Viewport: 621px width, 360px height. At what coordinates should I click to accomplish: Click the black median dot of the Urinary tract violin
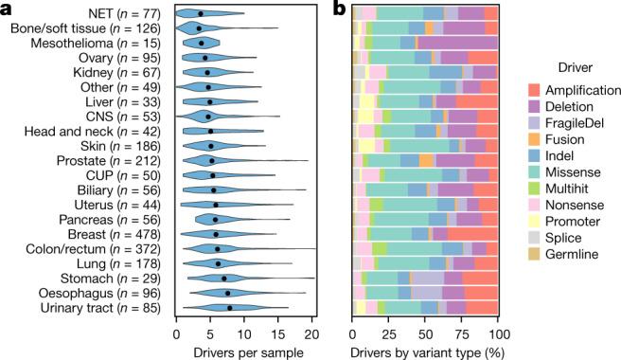coord(230,308)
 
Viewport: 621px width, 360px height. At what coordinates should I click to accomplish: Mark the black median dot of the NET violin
coord(200,14)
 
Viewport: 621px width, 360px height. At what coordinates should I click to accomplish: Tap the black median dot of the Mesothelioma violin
coord(201,44)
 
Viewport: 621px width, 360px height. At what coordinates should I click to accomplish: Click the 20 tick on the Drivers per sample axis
coord(310,333)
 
